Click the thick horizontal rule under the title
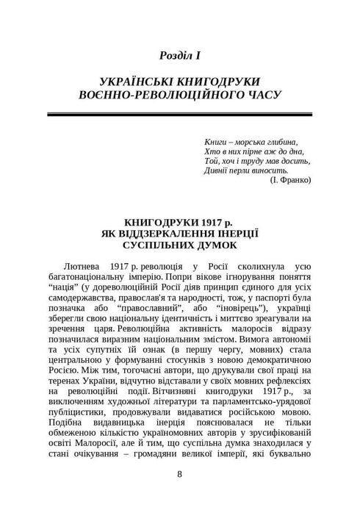pyautogui.click(x=180, y=115)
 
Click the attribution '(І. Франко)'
pyautogui.click(x=291, y=180)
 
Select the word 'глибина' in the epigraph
pyautogui.click(x=288, y=140)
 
